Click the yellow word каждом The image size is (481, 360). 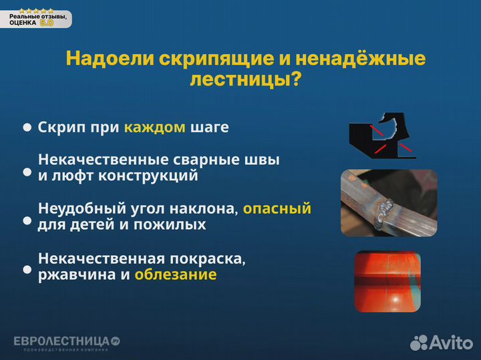click(154, 127)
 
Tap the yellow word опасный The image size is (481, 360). click(277, 209)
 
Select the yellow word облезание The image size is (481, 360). click(175, 275)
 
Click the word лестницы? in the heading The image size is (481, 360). click(245, 80)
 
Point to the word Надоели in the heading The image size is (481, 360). click(110, 59)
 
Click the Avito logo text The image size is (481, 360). click(452, 343)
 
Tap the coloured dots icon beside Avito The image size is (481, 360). click(418, 343)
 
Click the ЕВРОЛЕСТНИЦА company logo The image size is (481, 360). click(66, 342)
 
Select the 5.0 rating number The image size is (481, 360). click(47, 23)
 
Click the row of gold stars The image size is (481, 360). click(37, 11)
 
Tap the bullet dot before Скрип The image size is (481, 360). click(27, 127)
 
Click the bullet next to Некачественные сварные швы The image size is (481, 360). click(27, 172)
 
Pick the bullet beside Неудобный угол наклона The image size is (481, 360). click(27, 220)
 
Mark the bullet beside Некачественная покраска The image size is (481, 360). click(27, 270)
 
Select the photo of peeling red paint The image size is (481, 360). click(387, 281)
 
